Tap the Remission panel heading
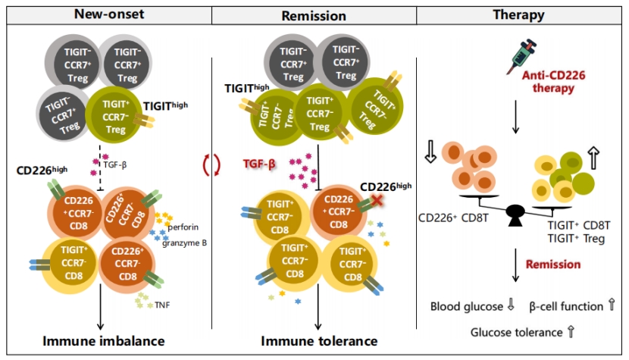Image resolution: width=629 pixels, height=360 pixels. click(314, 14)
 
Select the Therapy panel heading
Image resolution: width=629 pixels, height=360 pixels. click(522, 14)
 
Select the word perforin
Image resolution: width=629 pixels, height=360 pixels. click(186, 227)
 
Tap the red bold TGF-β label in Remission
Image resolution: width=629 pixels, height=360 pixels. click(259, 163)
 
